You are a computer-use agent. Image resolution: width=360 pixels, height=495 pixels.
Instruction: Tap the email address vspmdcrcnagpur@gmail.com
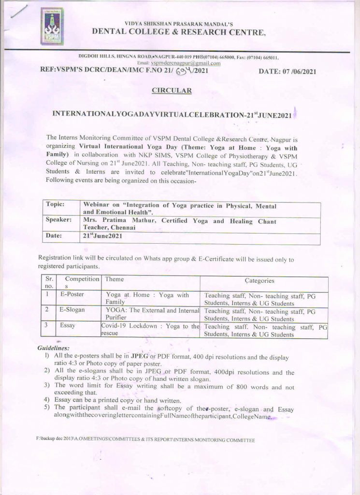pyautogui.click(x=186, y=63)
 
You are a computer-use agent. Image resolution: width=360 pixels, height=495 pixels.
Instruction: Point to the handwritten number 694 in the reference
pyautogui.click(x=184, y=72)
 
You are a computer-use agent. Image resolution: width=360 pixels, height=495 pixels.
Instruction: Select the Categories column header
pyautogui.click(x=259, y=281)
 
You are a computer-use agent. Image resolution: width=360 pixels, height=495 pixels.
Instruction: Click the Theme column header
pyautogui.click(x=115, y=279)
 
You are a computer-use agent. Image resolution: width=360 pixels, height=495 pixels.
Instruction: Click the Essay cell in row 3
pyautogui.click(x=68, y=326)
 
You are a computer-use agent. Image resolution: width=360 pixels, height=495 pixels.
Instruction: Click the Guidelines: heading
pyautogui.click(x=53, y=348)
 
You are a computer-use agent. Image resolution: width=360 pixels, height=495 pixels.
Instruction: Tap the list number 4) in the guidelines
pyautogui.click(x=47, y=400)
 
